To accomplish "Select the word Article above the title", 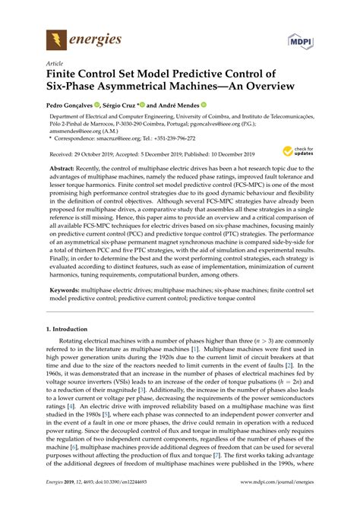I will (x=55, y=64).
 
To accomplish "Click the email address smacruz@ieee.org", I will (x=126, y=139).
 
